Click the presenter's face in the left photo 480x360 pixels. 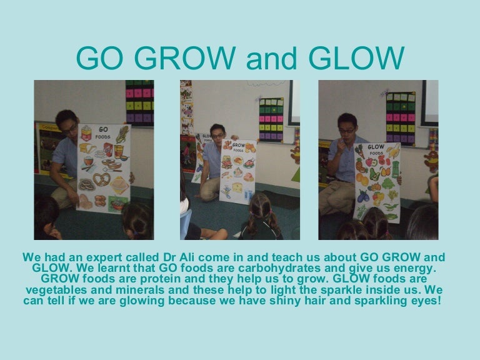69,128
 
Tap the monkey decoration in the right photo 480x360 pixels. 431,156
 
